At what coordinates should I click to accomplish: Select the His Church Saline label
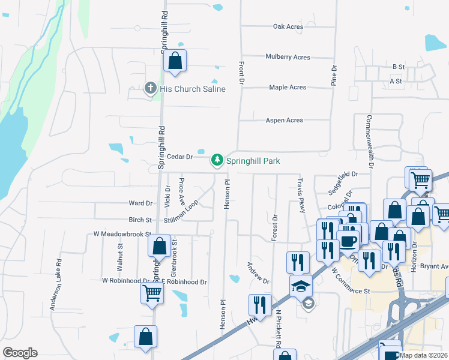click(x=193, y=89)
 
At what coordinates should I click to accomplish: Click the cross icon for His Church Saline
click(x=151, y=89)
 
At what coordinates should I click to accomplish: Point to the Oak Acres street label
click(x=288, y=26)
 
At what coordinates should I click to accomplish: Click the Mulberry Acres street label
click(x=288, y=57)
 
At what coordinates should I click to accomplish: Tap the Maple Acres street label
click(x=288, y=87)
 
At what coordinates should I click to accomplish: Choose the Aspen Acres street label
click(x=285, y=120)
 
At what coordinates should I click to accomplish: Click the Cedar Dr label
click(x=179, y=157)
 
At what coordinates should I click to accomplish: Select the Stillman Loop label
click(x=181, y=212)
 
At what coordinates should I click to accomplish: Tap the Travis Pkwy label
click(x=301, y=194)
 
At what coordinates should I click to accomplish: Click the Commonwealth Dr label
click(x=370, y=141)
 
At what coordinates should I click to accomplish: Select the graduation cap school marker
click(x=301, y=286)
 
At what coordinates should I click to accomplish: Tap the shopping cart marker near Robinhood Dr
click(x=152, y=293)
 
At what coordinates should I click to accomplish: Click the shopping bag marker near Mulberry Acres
click(x=175, y=60)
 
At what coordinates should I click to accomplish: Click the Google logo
click(x=20, y=353)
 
